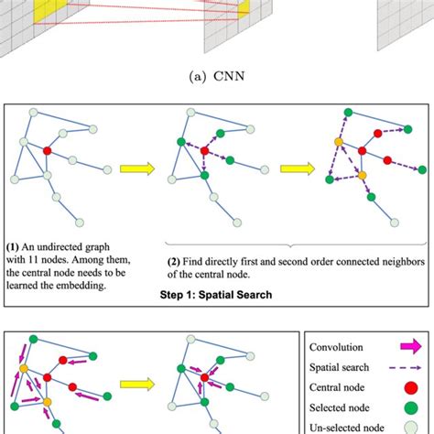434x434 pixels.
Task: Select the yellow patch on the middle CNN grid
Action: pyautogui.click(x=244, y=7)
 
